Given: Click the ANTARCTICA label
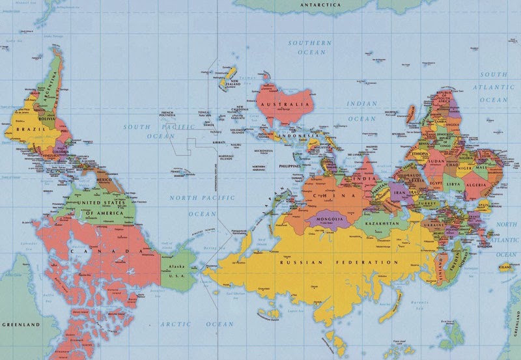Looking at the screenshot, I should tap(320, 5).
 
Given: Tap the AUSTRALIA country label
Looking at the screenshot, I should tap(285, 104).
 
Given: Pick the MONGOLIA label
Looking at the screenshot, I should tap(330, 219).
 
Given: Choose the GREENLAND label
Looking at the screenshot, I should tap(21, 324).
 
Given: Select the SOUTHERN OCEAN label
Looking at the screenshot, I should tap(311, 47).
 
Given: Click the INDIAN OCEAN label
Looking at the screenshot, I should tap(361, 111).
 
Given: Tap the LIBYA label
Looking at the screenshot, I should tap(454, 185).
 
